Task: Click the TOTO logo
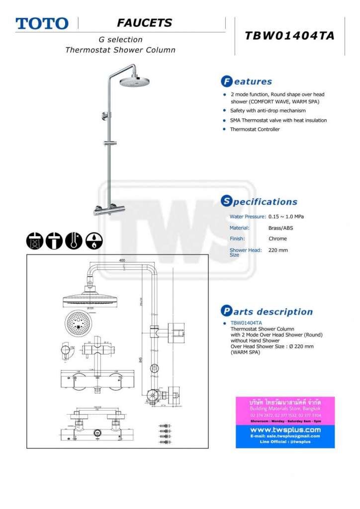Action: [x=42, y=23]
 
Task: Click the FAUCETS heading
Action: [x=144, y=22]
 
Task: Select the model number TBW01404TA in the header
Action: [x=289, y=36]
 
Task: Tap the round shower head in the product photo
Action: [x=134, y=81]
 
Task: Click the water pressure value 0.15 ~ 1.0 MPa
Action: [x=286, y=217]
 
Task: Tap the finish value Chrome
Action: [x=277, y=239]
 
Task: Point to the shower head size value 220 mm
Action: [x=278, y=250]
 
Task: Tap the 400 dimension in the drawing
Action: [x=122, y=260]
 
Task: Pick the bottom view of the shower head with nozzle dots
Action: [x=78, y=323]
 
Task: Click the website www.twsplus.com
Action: [x=285, y=429]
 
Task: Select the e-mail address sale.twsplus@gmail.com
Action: [x=285, y=436]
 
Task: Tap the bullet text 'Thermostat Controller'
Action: [x=255, y=129]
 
